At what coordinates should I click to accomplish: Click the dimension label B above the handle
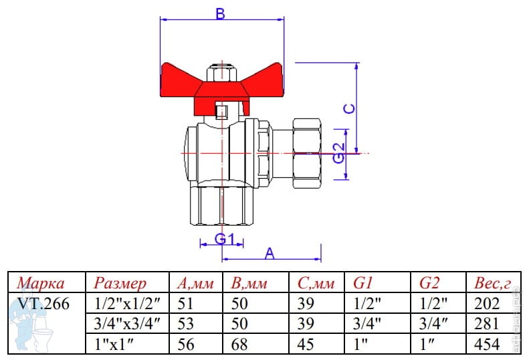(x=220, y=14)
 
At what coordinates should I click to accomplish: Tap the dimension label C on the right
(x=350, y=108)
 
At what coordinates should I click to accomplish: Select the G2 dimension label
(x=339, y=153)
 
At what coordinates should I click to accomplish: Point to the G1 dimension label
(x=224, y=239)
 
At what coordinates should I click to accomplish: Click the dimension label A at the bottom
(x=270, y=254)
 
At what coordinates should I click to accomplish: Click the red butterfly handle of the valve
(x=221, y=88)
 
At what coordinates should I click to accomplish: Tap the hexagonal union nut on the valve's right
(x=306, y=153)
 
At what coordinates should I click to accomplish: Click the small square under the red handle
(x=222, y=112)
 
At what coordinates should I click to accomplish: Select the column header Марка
(x=41, y=283)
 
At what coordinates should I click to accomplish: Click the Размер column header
(x=120, y=284)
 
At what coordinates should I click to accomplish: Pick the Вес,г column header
(x=492, y=284)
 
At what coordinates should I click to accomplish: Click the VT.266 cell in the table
(x=43, y=304)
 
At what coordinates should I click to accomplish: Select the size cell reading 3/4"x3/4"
(x=127, y=324)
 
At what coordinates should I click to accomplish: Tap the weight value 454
(x=487, y=344)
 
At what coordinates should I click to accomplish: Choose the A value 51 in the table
(x=185, y=304)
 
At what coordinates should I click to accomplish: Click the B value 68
(x=239, y=344)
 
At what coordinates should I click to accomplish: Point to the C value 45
(x=306, y=344)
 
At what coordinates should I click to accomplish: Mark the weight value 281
(x=486, y=324)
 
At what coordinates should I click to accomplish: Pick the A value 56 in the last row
(x=186, y=344)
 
